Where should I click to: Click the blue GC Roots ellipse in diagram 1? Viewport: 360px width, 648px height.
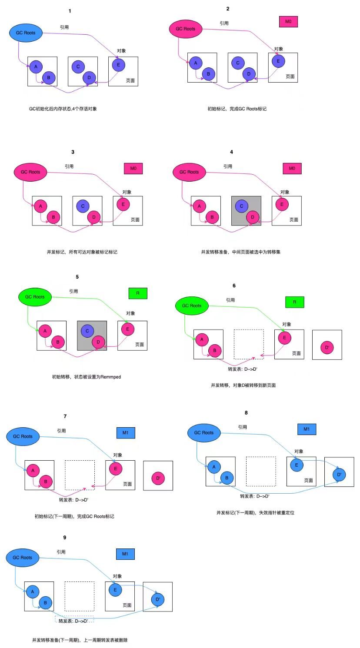26,33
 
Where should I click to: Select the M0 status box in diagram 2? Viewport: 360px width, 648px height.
288,21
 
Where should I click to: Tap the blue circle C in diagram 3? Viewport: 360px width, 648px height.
83,206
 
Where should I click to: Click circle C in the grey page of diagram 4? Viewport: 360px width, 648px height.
241,206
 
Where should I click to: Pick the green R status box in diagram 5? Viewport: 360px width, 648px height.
138,293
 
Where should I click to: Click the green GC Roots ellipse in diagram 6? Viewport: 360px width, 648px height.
192,306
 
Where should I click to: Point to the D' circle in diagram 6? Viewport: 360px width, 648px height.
327,348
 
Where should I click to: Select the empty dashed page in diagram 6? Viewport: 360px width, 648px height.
249,344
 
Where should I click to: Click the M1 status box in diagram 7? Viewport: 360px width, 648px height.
126,433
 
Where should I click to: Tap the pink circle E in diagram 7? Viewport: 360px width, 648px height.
116,469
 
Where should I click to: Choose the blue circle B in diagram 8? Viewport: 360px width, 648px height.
227,478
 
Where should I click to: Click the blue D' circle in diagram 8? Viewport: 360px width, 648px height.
340,475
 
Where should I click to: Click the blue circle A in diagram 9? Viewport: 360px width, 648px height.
33,591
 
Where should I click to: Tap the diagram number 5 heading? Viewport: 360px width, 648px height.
77,277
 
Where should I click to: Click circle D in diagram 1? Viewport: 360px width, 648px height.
89,78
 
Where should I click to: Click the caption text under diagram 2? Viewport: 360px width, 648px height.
237,109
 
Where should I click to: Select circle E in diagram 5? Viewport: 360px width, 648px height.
127,329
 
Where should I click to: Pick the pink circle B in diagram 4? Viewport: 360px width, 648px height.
212,217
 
